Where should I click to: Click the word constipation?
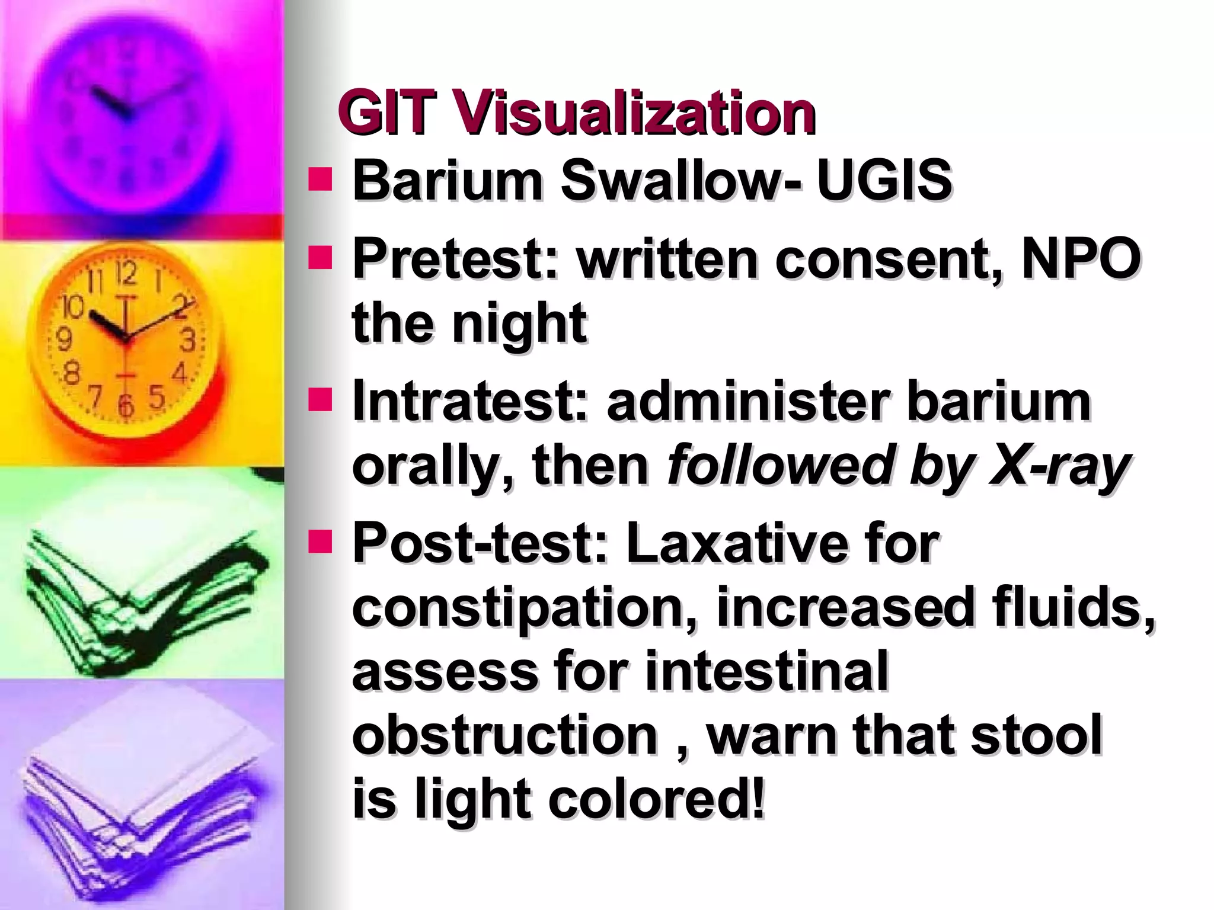coord(527,607)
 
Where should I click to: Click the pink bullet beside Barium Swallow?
coord(320,179)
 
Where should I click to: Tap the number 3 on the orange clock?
coord(188,342)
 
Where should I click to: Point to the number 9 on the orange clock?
coord(63,339)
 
